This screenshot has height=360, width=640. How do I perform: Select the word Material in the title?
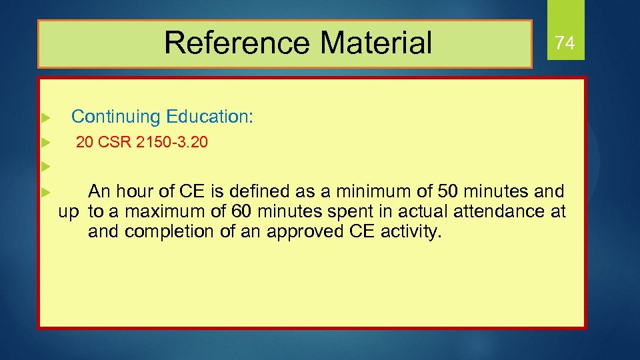[376, 43]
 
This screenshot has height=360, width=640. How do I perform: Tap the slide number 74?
[565, 43]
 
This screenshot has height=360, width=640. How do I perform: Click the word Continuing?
[116, 117]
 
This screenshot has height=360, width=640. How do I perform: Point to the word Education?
[209, 117]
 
